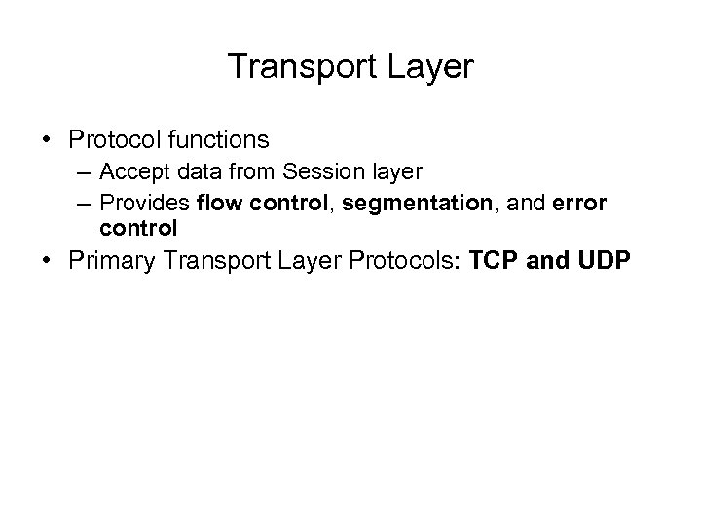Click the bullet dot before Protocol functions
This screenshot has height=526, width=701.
coord(48,142)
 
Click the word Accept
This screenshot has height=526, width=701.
coord(129,173)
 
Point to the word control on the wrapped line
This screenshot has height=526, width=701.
coord(137,228)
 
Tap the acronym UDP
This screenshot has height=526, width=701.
coord(602,263)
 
